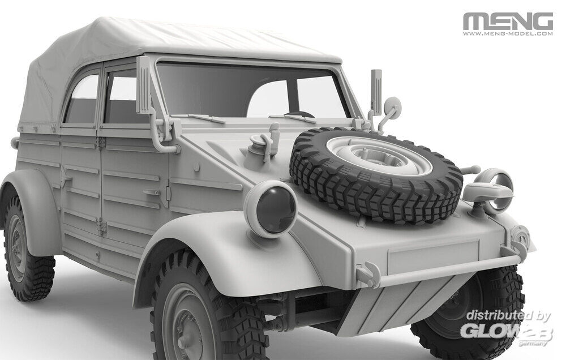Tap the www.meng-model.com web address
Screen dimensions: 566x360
coord(508,34)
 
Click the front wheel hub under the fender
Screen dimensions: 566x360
coord(188,325)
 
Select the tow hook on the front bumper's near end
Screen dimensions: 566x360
coord(368,273)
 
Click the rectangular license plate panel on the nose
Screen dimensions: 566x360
coord(434,256)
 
